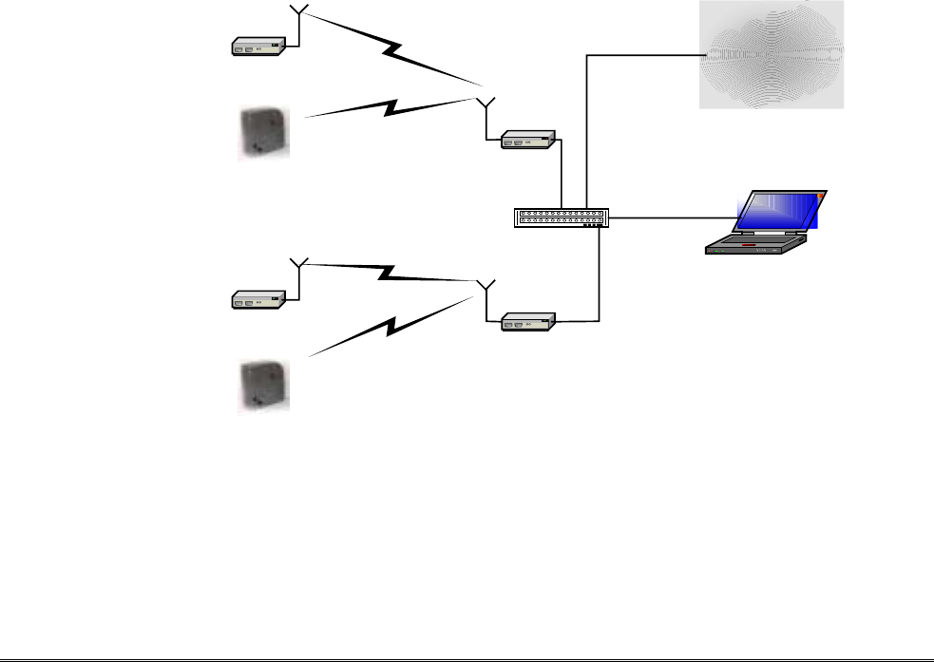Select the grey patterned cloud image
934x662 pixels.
point(771,54)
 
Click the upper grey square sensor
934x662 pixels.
point(263,132)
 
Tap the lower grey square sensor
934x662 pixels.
point(263,386)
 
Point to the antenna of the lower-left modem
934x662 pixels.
point(299,263)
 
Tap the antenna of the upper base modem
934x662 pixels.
point(486,103)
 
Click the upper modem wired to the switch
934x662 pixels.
point(528,142)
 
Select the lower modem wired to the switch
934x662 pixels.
point(528,323)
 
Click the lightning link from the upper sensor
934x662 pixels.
point(391,106)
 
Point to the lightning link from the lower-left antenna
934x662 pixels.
point(389,273)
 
